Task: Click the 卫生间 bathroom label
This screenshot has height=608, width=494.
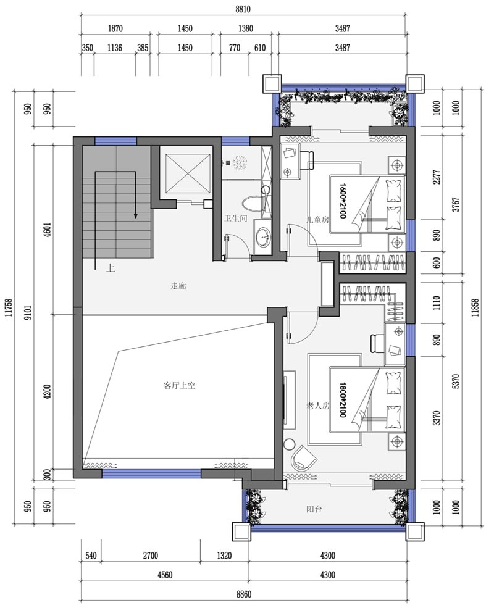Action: point(235,219)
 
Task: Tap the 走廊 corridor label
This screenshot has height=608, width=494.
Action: point(178,286)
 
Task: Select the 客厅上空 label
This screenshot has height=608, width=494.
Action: point(180,386)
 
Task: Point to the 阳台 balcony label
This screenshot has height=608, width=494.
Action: point(314,509)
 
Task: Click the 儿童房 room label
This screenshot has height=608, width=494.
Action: point(317,220)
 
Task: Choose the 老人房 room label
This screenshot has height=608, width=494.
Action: point(318,406)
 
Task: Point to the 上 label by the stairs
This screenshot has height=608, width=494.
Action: point(111,268)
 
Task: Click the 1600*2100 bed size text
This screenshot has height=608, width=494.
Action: point(343,201)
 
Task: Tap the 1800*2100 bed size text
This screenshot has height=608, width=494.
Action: point(342,399)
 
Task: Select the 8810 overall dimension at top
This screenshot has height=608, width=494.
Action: point(243,9)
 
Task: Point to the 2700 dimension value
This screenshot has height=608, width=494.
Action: point(151,556)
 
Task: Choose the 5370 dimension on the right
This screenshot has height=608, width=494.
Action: point(456,381)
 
